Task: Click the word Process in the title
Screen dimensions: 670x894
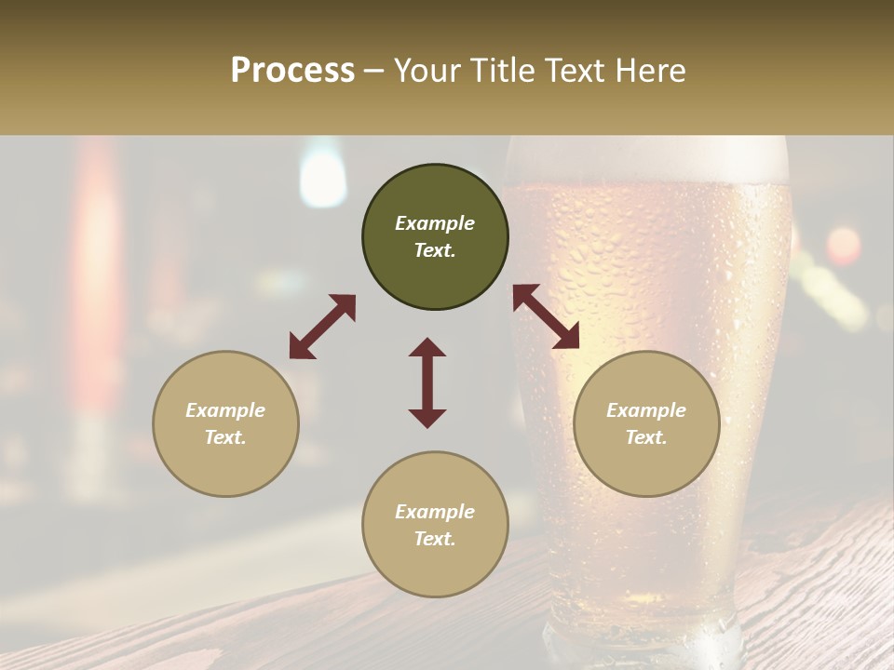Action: coord(292,71)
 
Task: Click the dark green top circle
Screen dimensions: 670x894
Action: coord(435,237)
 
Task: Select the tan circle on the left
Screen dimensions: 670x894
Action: coord(225,423)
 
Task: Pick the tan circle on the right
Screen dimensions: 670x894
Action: coord(646,423)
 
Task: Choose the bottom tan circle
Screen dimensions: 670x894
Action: coord(435,524)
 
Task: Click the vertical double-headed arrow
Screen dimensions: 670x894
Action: coord(427,382)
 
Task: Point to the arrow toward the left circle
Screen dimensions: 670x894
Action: coord(322,327)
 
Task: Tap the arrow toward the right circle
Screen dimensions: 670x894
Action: coord(546,316)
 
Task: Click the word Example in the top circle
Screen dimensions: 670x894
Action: coord(435,223)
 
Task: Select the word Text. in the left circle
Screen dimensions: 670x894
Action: coord(225,437)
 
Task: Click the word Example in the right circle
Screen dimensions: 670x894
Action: coord(646,410)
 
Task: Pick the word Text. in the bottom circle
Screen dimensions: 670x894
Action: coord(435,539)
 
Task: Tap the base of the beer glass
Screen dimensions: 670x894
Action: coord(643,642)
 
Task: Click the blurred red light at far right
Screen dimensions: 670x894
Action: coord(844,246)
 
